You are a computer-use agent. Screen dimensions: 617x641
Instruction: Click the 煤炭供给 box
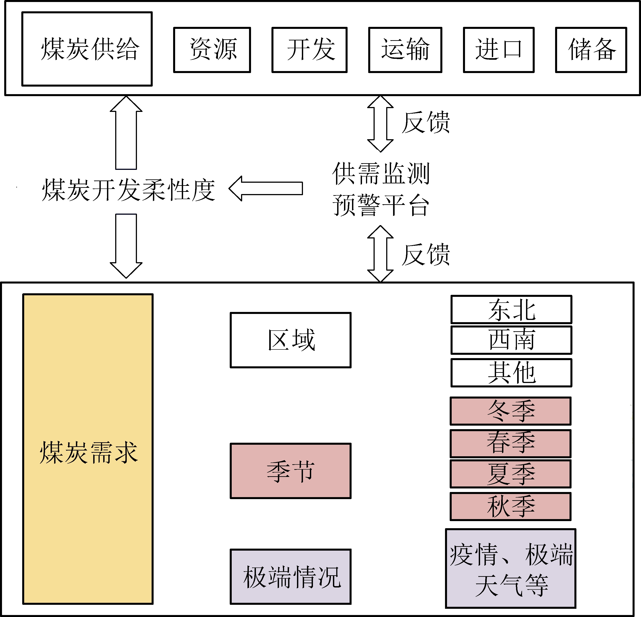pos(87,49)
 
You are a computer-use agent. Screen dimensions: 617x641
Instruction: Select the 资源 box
pos(212,50)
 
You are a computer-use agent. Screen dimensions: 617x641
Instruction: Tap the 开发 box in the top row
pos(309,50)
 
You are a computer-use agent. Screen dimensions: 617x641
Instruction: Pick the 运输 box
pos(405,50)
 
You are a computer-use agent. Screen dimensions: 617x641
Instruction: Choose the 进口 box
pos(499,50)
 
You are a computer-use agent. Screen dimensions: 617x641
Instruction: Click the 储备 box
pos(591,50)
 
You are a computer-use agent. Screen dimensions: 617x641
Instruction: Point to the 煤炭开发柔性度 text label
pos(129,190)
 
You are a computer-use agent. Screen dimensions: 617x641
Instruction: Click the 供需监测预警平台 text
pos(381,189)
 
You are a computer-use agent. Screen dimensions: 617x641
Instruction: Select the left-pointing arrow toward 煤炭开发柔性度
pos(265,188)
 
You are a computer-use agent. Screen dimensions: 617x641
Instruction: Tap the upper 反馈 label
pos(426,123)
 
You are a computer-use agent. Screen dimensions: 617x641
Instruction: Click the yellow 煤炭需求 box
pos(88,449)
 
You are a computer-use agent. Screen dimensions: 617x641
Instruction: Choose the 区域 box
pos(290,340)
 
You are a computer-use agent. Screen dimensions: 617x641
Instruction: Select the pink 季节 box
pos(290,471)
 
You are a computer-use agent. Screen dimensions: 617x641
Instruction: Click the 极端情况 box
pos(290,576)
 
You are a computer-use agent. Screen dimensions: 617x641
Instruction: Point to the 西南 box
pos(511,340)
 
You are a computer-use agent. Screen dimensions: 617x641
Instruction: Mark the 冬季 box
pos(510,411)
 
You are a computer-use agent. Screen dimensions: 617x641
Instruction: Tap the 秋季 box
pos(510,506)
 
